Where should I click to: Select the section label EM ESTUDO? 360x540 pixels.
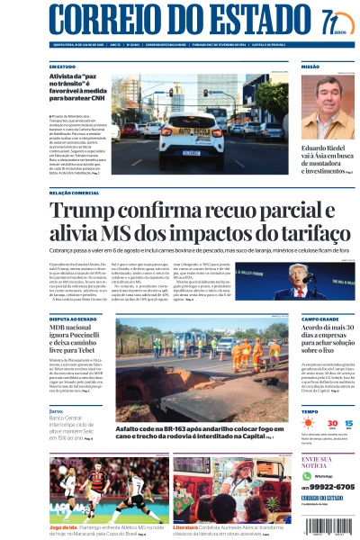click(62, 67)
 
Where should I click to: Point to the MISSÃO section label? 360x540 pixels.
click(310, 67)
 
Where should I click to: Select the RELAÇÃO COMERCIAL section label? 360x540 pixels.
click(74, 193)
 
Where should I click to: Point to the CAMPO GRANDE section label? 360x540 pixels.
click(320, 319)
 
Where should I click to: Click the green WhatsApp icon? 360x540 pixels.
click(307, 474)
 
